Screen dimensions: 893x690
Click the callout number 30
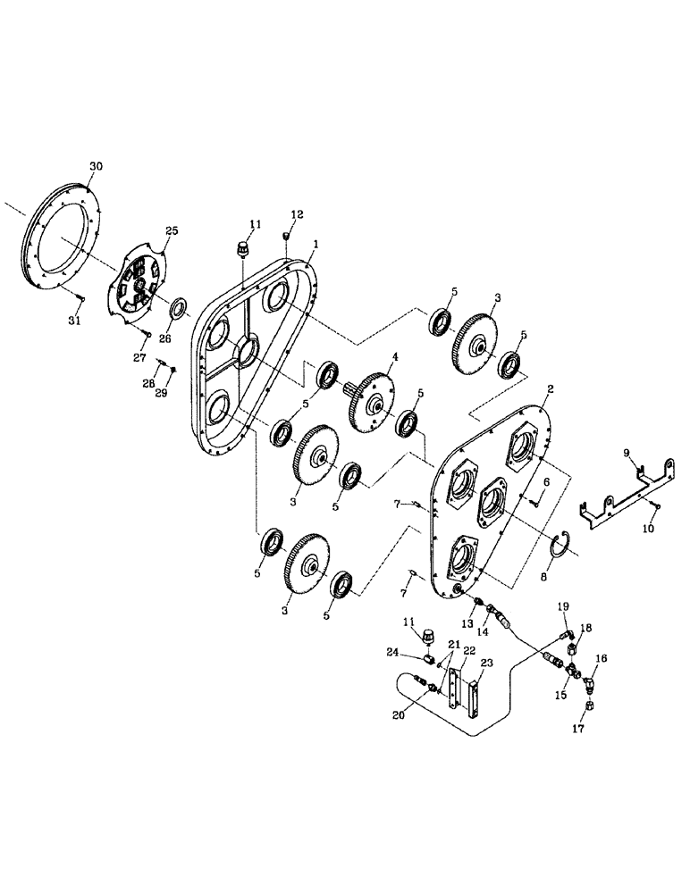(x=97, y=167)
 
